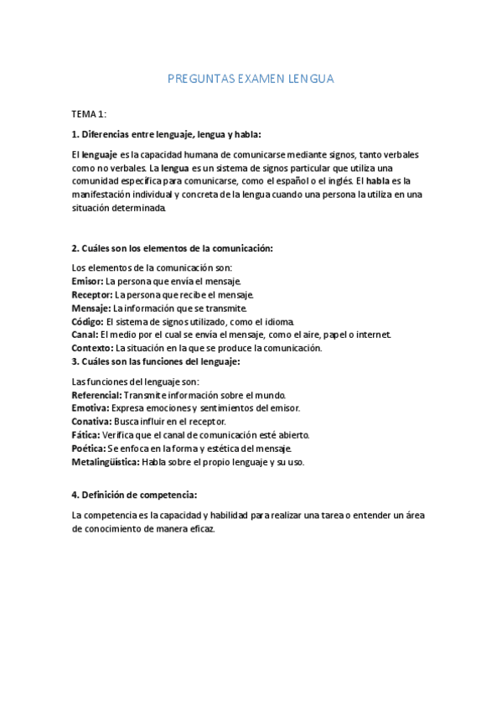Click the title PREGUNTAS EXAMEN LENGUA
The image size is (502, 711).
(251, 79)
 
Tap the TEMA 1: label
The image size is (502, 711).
(89, 113)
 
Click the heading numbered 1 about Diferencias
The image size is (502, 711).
(167, 134)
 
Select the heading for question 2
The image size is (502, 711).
(172, 248)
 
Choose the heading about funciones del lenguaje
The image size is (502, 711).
(156, 361)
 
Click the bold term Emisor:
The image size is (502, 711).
(88, 281)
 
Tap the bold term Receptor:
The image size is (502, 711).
(92, 294)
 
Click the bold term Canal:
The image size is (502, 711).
(85, 335)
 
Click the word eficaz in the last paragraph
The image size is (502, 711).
(201, 530)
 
